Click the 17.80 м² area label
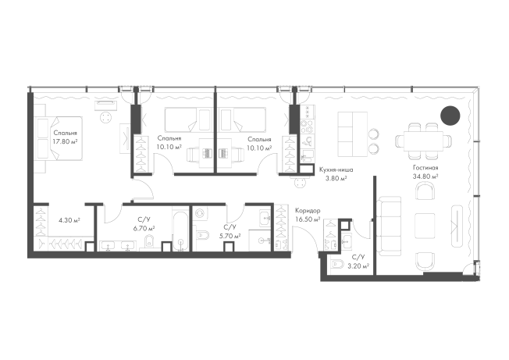(65, 141)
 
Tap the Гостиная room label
(425, 168)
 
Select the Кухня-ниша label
(336, 169)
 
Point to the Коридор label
(308, 211)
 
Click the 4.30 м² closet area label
(69, 220)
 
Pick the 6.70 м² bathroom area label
(144, 228)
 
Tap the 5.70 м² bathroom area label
(230, 236)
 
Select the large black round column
(450, 116)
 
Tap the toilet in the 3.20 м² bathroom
(336, 266)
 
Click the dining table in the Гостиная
(423, 141)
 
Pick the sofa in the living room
(389, 226)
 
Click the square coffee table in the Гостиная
(425, 226)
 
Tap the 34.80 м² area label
(425, 176)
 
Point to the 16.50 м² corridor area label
(308, 219)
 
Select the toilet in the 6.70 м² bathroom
(149, 241)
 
